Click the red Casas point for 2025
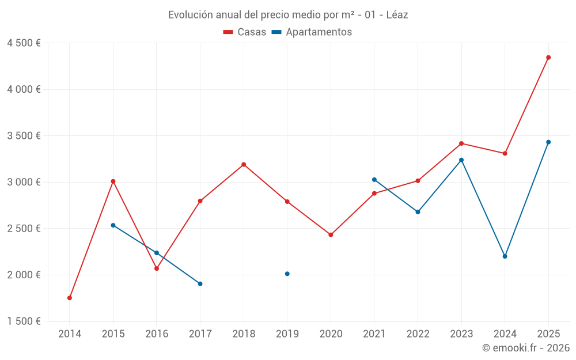point(548,58)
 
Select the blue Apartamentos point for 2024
point(505,256)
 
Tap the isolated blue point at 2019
point(287,274)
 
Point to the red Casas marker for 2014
point(70,298)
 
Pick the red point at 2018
point(244,165)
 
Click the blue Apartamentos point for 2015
point(113,225)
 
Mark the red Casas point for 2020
point(331,235)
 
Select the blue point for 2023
point(461,160)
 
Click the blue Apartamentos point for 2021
point(374,180)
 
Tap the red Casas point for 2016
point(157,268)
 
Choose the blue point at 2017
point(200,283)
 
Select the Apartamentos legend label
point(318,32)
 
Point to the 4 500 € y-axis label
point(24,43)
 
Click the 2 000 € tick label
point(24,275)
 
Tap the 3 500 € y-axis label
point(24,136)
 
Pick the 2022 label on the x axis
point(418,334)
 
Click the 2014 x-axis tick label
point(70,334)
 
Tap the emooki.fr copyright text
point(525,348)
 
